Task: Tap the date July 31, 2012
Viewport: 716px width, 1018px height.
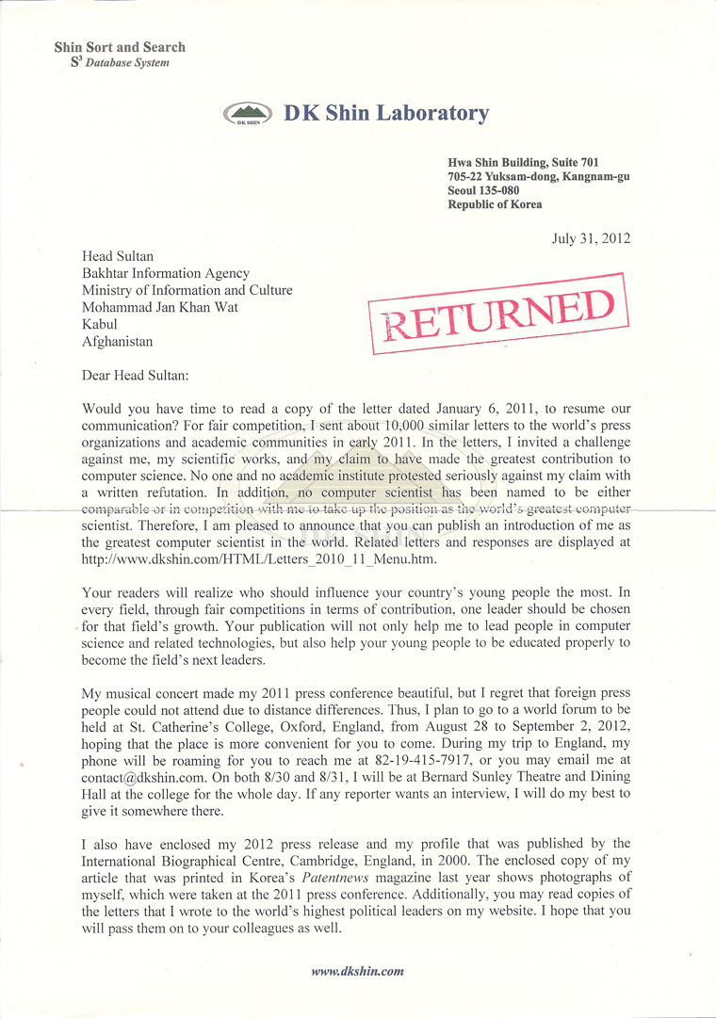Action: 591,238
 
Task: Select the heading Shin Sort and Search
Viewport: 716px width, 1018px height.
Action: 120,46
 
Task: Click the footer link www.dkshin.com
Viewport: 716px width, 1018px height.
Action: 358,971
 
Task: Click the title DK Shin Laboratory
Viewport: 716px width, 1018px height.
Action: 386,114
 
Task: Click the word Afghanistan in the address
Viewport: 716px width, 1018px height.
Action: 117,342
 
